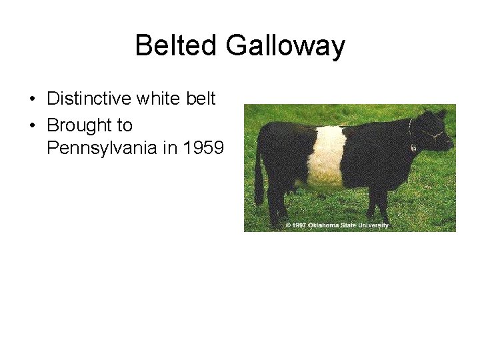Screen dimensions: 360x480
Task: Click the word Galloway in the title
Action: pos(285,46)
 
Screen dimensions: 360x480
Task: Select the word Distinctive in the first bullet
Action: pos(89,99)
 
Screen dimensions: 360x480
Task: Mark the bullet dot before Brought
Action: pos(33,126)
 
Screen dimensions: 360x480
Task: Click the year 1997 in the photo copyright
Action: pos(299,225)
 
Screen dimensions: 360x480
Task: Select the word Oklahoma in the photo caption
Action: pos(324,225)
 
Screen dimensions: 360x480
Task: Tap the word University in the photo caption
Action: pos(373,225)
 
